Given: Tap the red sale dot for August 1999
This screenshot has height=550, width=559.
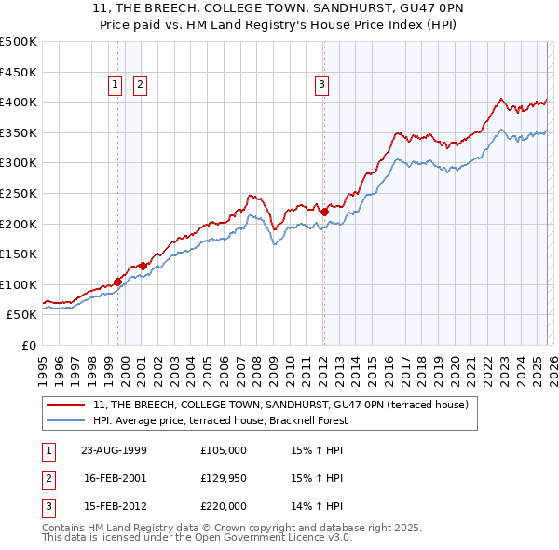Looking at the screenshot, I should pos(118,282).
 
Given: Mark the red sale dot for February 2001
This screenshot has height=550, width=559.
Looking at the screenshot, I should pos(143,266).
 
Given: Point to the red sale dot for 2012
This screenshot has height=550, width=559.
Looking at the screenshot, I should pos(324,212).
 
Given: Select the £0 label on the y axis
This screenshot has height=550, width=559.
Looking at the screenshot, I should pos(28,345).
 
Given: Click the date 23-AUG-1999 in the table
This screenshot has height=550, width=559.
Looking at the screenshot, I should pos(115,449).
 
